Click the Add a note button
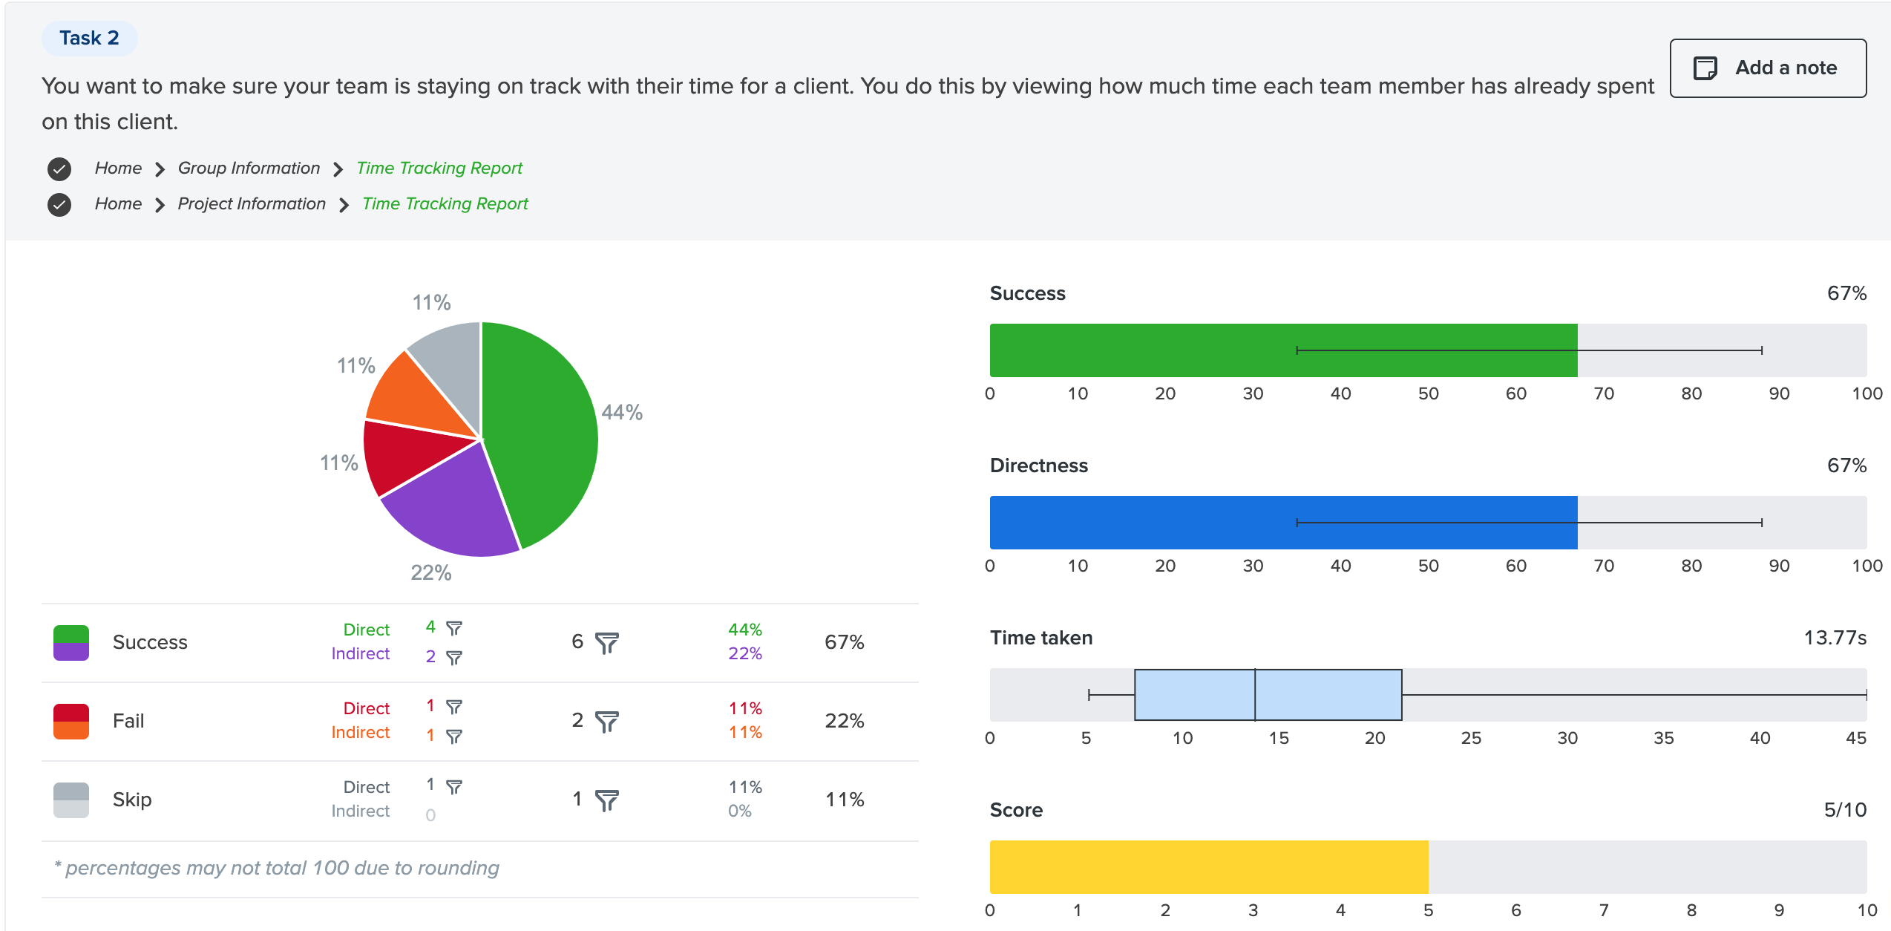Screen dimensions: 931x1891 click(x=1767, y=68)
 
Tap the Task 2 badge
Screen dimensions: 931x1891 click(x=89, y=39)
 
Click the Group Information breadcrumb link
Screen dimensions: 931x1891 click(x=249, y=169)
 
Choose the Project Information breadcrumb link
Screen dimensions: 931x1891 click(x=252, y=204)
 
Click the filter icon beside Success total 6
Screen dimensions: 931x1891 click(x=607, y=643)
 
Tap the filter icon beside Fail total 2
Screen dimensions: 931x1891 click(x=607, y=722)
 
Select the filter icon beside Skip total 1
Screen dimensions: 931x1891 click(x=607, y=800)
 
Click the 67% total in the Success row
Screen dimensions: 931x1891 click(x=844, y=643)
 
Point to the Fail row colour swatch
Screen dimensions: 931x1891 click(x=71, y=722)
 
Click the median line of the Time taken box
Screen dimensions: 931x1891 click(x=1255, y=695)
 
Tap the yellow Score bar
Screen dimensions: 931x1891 click(x=1208, y=867)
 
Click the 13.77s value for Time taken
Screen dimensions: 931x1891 click(x=1835, y=638)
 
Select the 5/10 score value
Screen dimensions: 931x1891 click(x=1845, y=810)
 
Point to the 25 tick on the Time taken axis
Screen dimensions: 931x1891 click(x=1471, y=738)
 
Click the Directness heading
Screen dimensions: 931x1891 click(x=1038, y=465)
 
